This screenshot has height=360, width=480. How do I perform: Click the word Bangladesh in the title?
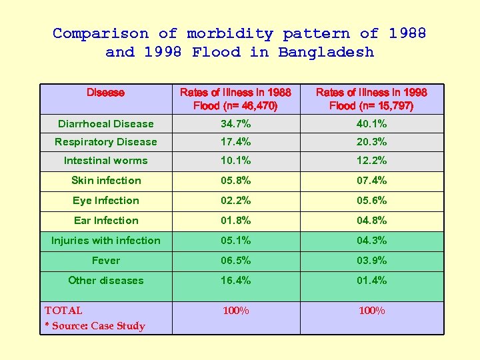[x=326, y=52]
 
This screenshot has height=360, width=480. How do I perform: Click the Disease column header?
[x=105, y=93]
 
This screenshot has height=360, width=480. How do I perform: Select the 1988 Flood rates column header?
[x=235, y=99]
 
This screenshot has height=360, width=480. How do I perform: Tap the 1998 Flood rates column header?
[x=371, y=99]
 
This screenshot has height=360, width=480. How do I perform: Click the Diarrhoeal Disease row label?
[x=105, y=124]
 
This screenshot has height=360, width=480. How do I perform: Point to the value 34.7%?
[x=236, y=124]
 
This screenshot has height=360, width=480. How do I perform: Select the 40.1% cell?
[x=371, y=124]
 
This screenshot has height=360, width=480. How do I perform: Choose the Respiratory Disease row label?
[x=105, y=142]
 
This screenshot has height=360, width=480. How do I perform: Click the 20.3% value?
[x=371, y=142]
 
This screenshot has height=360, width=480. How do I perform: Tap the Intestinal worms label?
[x=105, y=161]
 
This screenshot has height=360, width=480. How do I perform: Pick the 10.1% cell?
[x=236, y=161]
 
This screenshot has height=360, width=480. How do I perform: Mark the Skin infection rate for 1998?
[x=371, y=181]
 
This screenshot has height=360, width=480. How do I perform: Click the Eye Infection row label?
[x=105, y=201]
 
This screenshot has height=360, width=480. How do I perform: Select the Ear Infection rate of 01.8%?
[x=236, y=221]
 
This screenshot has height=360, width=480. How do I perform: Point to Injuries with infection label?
[x=105, y=241]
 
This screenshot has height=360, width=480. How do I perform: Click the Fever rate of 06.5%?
[x=236, y=261]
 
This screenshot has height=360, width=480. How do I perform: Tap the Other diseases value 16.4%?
[x=236, y=281]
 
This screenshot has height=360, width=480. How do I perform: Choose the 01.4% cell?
[x=371, y=281]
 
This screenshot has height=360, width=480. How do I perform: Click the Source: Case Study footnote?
[x=95, y=326]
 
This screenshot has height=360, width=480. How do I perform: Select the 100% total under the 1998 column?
[x=371, y=311]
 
